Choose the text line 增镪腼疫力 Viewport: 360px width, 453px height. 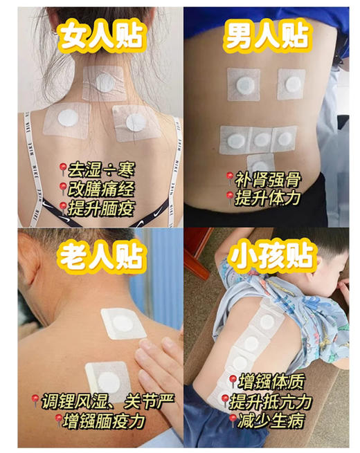tap(110, 418)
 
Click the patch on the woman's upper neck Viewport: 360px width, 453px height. tap(105, 82)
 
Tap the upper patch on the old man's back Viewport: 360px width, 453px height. tap(123, 323)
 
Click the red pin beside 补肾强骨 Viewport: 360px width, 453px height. tap(229, 179)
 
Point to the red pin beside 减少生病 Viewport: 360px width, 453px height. tap(232, 418)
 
